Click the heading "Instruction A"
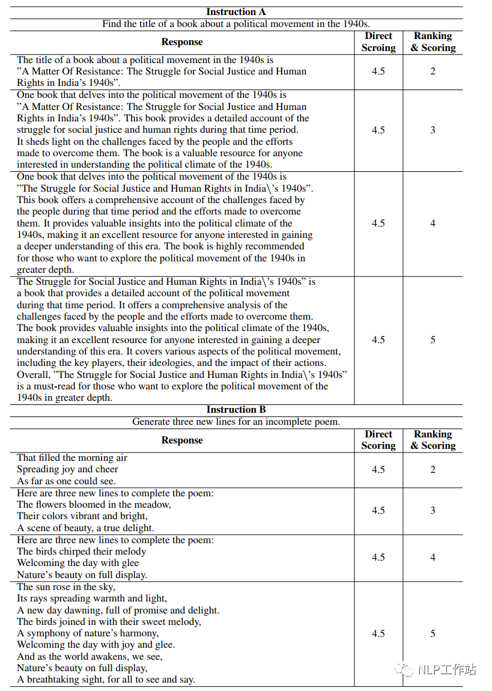(235, 12)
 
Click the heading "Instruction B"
(235, 410)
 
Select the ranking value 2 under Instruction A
(433, 72)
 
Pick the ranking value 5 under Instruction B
(433, 633)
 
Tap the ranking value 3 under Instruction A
(433, 130)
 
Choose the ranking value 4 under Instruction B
(433, 557)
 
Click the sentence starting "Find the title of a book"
(235, 24)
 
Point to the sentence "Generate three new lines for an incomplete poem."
(235, 422)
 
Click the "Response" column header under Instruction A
(182, 42)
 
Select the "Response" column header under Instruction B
(182, 440)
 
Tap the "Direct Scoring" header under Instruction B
(378, 440)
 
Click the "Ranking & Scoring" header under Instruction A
(433, 42)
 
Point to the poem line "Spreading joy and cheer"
(67, 469)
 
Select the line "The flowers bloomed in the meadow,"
(94, 505)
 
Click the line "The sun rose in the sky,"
(66, 586)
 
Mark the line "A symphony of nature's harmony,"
(88, 633)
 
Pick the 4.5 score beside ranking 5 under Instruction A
(378, 340)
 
